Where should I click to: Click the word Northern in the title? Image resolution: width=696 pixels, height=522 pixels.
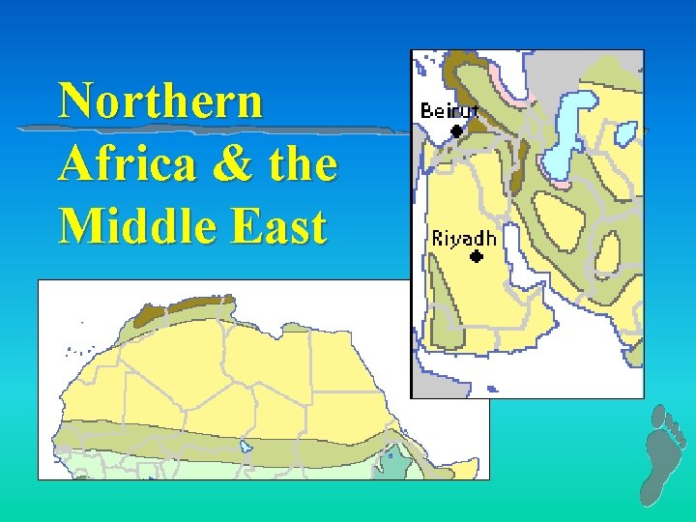[x=159, y=101]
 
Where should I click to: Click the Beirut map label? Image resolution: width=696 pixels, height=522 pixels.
[x=449, y=110]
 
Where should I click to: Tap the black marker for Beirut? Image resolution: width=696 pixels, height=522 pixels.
[x=456, y=129]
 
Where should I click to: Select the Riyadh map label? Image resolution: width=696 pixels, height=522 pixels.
[x=464, y=238]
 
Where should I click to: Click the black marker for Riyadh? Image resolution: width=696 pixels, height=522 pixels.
[x=476, y=257]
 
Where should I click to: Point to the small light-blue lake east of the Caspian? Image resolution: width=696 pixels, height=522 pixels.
[x=624, y=130]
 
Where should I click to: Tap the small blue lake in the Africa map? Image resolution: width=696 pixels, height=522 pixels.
[x=246, y=447]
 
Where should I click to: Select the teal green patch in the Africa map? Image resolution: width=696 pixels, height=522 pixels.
[x=393, y=465]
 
